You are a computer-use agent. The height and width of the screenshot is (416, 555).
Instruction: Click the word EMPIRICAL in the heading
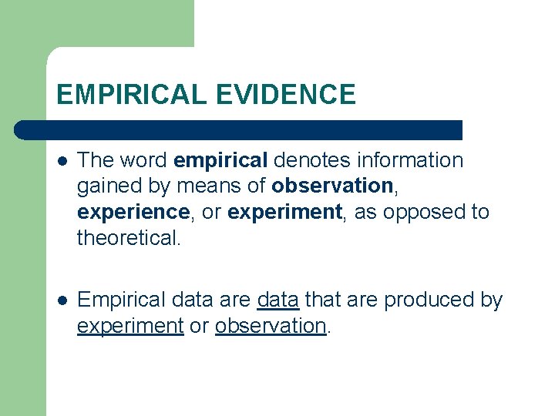click(x=131, y=95)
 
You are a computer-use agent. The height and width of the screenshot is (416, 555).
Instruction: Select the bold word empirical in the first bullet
click(x=221, y=160)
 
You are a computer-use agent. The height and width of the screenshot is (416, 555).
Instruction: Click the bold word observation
click(x=331, y=186)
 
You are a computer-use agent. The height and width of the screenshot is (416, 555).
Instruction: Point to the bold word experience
click(x=133, y=212)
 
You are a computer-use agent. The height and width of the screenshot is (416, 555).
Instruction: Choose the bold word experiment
click(x=284, y=212)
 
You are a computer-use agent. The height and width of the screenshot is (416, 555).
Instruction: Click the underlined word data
click(x=277, y=300)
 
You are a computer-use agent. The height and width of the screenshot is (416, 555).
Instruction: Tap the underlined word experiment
click(x=130, y=326)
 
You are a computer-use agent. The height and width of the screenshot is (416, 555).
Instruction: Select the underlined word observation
click(x=271, y=326)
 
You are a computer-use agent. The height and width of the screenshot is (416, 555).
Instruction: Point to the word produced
click(x=428, y=300)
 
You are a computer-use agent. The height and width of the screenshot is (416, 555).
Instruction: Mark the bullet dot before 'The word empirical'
click(x=62, y=161)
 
